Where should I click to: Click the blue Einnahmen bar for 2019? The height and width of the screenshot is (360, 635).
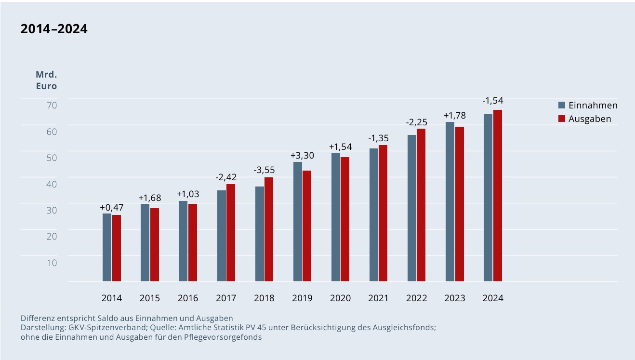tap(298, 222)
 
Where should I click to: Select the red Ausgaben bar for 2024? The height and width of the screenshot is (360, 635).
tap(498, 196)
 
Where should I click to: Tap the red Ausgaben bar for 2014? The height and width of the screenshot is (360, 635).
tap(117, 248)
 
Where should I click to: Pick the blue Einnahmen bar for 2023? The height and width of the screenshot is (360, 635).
tap(450, 201)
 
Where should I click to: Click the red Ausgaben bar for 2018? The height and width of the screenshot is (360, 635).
tap(269, 229)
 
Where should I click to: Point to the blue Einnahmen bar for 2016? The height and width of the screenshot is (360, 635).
tap(183, 241)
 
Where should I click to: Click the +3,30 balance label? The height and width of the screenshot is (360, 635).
tap(303, 156)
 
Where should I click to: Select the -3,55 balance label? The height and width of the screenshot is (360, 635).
tap(264, 170)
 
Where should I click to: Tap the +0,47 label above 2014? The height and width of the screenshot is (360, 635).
tap(112, 207)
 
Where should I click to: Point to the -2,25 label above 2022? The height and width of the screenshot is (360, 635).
tap(416, 122)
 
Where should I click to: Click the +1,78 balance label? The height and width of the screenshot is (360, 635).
tap(455, 116)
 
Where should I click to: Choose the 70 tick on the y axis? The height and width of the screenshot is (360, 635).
tap(52, 105)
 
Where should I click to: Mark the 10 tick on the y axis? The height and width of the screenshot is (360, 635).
tap(52, 263)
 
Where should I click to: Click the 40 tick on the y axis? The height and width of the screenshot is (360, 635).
tap(52, 184)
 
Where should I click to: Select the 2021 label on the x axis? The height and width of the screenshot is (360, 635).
tap(378, 298)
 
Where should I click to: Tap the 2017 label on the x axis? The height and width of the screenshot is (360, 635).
tap(226, 298)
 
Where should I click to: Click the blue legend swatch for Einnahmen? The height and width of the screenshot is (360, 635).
tap(561, 106)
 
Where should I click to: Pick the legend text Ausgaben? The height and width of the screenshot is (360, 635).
tap(590, 119)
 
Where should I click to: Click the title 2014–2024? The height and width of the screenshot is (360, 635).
tap(54, 29)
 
